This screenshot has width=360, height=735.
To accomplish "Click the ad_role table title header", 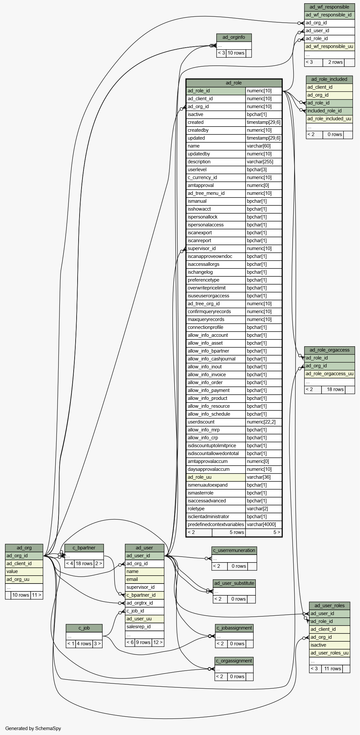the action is click(234, 83).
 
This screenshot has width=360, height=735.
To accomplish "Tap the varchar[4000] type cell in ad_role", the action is click(264, 524).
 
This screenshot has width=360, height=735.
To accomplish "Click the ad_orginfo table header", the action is click(234, 37).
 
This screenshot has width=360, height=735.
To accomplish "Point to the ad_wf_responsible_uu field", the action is click(329, 46).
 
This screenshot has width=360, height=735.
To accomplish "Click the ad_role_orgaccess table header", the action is click(329, 350).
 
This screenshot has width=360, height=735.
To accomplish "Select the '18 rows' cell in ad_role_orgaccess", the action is click(335, 389).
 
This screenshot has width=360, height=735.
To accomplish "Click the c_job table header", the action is click(84, 628).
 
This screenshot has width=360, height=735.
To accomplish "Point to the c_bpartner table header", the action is click(84, 548).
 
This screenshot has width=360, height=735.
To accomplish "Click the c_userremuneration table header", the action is click(234, 550).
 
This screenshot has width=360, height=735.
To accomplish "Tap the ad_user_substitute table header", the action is click(234, 583).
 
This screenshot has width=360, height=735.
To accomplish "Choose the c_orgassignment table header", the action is click(234, 661).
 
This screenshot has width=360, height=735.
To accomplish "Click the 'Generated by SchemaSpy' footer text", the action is click(33, 728).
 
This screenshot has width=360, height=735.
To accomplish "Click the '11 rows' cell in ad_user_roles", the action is click(332, 669).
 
